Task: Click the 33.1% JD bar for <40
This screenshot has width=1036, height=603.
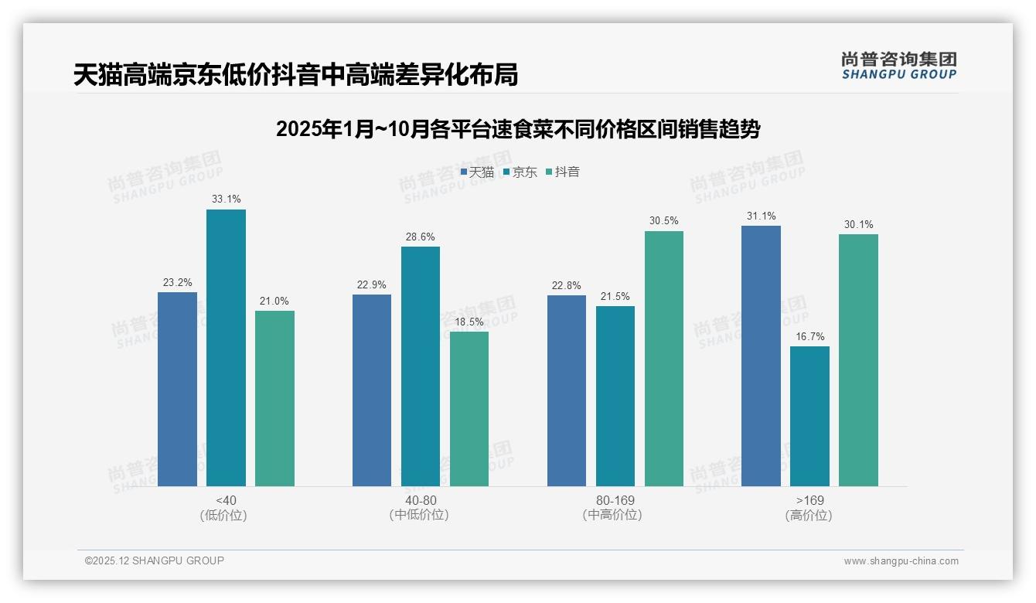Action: point(226,348)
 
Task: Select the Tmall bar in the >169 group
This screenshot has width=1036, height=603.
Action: point(761,356)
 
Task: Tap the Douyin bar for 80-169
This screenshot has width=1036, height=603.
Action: point(663,359)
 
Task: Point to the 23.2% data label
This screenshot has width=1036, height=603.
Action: point(177,283)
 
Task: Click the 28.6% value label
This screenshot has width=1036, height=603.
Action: point(420,237)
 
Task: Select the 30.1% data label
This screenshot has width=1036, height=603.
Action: point(858,225)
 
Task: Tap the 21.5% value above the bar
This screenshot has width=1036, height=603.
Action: point(615,297)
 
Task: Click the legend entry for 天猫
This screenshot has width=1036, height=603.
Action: point(477,172)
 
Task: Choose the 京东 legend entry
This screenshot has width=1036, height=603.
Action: point(520,172)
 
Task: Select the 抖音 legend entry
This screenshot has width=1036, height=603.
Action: point(563,172)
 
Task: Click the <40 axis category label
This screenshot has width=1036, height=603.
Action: point(226,500)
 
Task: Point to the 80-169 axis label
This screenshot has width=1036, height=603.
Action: point(615,500)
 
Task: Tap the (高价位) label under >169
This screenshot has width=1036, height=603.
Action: point(809,516)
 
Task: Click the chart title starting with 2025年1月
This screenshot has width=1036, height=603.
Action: point(518,129)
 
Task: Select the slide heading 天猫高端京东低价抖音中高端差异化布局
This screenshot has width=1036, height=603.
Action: point(295,75)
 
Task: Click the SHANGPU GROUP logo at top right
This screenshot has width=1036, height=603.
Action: point(898,66)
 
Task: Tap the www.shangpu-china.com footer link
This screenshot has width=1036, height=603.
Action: point(901,561)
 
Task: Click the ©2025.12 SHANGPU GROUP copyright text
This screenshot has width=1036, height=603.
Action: point(155,560)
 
